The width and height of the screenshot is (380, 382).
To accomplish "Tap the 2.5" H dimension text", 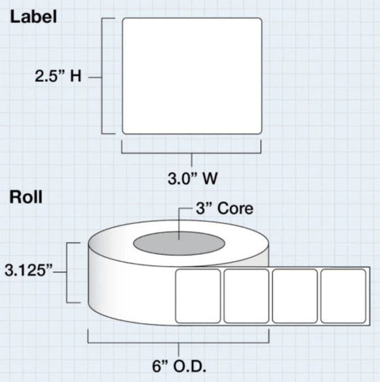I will pyautogui.click(x=58, y=77).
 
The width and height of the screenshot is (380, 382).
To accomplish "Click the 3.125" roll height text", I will pyautogui.click(x=29, y=269).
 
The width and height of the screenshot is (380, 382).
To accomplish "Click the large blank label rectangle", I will pyautogui.click(x=192, y=75).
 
